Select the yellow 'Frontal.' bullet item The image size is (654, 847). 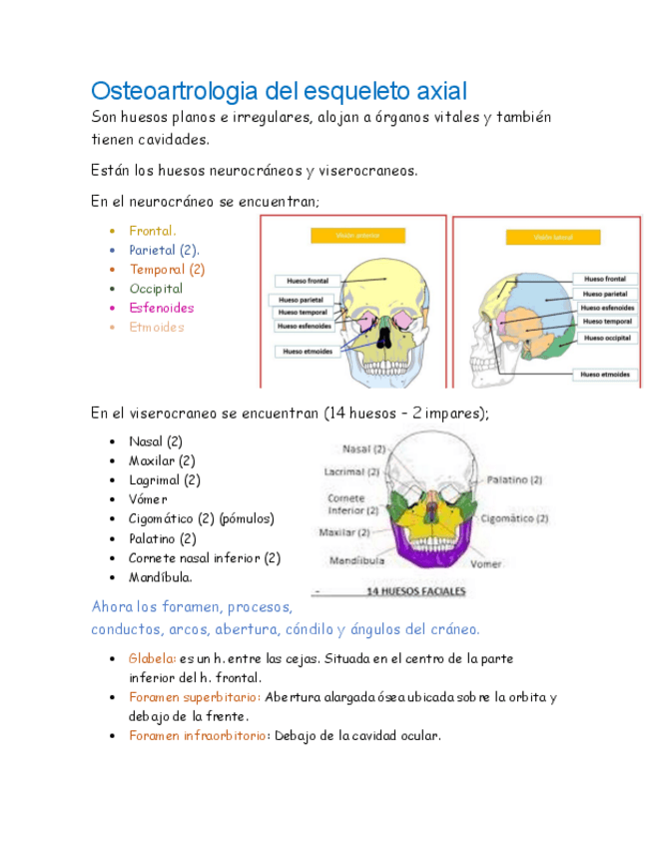(152, 231)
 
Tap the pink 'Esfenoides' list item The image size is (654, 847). (161, 308)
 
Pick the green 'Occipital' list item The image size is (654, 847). (156, 289)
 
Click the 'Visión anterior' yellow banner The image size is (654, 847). (356, 236)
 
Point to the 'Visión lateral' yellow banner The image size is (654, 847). (554, 238)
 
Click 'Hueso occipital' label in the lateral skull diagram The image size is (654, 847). (606, 339)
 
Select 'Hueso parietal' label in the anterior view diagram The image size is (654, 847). (301, 299)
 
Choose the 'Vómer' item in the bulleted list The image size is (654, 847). (148, 499)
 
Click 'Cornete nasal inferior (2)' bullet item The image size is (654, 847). (204, 558)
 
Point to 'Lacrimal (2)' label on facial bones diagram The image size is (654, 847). (351, 471)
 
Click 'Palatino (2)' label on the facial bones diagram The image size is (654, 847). (513, 479)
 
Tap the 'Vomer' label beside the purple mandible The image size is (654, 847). (486, 563)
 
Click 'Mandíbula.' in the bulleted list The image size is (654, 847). (160, 577)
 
